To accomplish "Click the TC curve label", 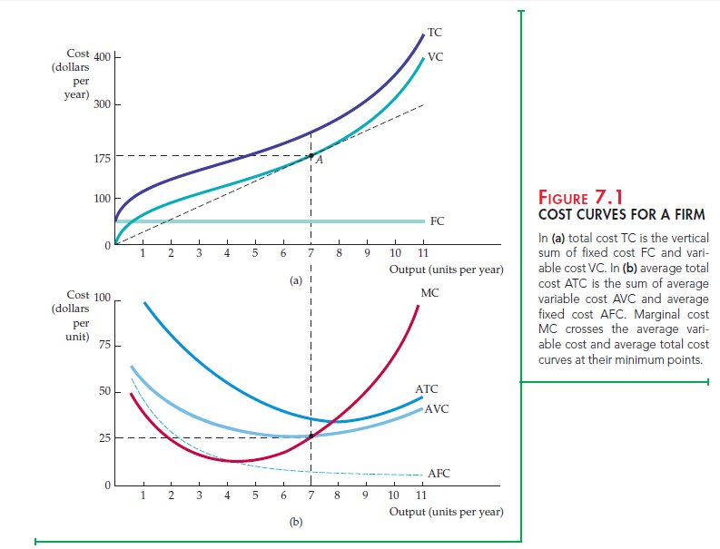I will [435, 33].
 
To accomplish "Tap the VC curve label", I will [436, 56].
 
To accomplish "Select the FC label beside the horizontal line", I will [437, 221].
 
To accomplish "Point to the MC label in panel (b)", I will [431, 292].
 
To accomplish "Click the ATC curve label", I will [426, 389].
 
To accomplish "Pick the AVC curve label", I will [436, 408].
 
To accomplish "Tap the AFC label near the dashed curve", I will [439, 473].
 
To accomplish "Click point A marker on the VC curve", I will [311, 156].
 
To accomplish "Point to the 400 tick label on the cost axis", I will [102, 58].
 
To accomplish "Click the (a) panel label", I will [296, 279].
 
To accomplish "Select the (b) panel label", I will [296, 523].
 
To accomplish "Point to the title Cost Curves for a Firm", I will [621, 215].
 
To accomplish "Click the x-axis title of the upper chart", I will [445, 270].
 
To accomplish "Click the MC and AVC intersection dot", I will [311, 436].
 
